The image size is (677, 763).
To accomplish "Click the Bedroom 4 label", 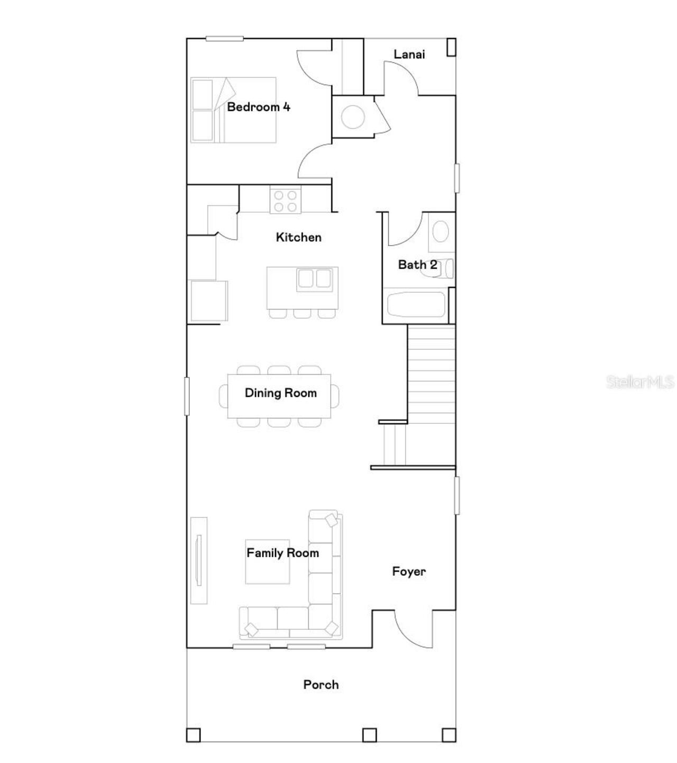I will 259,107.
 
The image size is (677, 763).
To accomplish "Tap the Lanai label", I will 409,54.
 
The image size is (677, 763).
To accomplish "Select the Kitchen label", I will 298,237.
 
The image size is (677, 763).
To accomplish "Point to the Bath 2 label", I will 417,265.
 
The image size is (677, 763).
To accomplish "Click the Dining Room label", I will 280,393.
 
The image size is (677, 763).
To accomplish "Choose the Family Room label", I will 282,553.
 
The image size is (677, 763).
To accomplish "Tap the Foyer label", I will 408,571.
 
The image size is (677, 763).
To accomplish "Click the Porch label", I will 321,685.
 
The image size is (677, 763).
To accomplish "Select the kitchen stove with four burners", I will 285,201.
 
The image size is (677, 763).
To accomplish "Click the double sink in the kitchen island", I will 315,279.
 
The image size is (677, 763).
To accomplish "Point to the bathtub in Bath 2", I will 416,305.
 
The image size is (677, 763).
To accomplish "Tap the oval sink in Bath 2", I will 441,231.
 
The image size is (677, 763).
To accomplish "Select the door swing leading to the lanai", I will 402,78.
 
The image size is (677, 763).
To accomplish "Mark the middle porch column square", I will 369,734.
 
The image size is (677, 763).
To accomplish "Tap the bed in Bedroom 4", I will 233,110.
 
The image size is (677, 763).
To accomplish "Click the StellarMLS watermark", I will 640,382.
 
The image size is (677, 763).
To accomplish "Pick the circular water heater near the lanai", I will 353,117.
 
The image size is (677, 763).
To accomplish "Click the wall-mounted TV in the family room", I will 199,560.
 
